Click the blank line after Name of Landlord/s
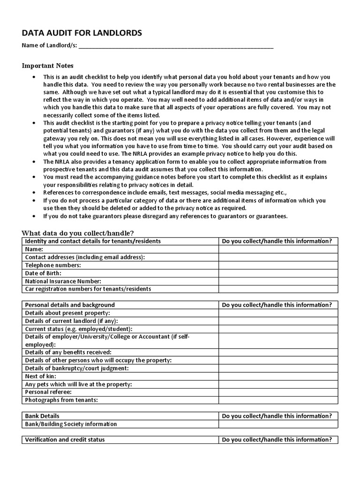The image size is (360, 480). click(x=176, y=46)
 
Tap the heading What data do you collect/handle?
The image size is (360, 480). click(x=78, y=233)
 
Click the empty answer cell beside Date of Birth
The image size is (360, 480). click(x=278, y=273)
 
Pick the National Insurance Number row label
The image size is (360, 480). click(x=63, y=281)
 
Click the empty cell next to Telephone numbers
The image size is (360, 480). click(x=278, y=265)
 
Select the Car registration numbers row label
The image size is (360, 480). click(x=88, y=289)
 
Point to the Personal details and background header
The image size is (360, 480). click(x=70, y=305)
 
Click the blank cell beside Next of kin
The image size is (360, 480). click(x=278, y=376)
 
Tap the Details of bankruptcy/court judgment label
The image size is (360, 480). click(x=77, y=368)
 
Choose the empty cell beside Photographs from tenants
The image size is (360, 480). click(x=278, y=400)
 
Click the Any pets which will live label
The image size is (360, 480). click(x=78, y=384)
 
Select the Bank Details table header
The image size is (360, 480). click(x=42, y=416)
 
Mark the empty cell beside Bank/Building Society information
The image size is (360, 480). click(x=278, y=424)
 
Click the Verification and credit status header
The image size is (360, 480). click(x=65, y=440)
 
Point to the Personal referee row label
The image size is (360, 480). click(x=48, y=392)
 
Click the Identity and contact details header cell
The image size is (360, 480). click(x=93, y=241)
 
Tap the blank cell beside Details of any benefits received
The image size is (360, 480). click(x=278, y=352)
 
